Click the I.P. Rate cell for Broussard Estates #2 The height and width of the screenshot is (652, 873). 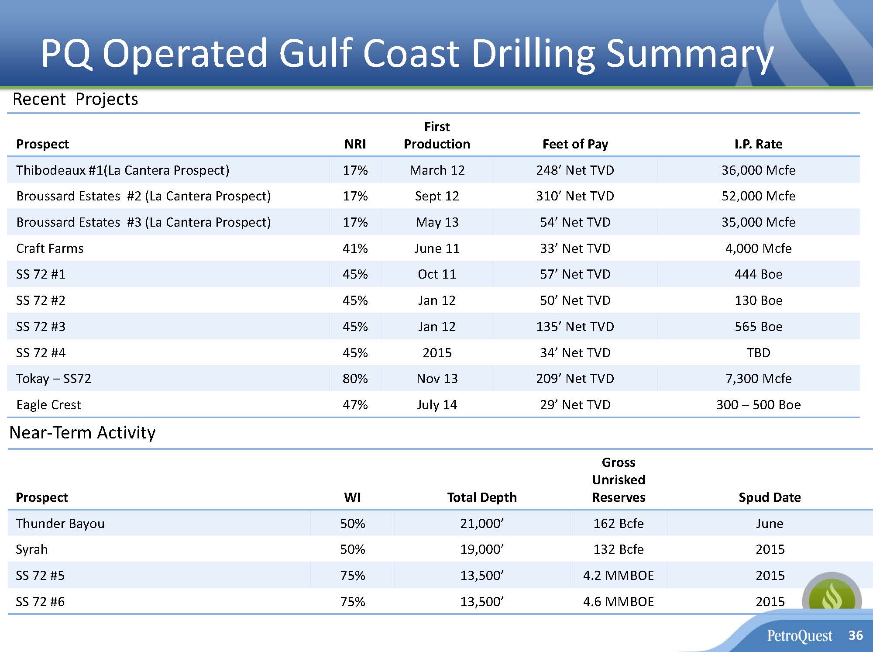point(758,196)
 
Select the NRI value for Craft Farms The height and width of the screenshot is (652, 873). point(355,248)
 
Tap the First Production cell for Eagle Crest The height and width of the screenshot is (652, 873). point(437,405)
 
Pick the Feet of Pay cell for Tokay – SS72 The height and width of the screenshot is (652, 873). point(575,379)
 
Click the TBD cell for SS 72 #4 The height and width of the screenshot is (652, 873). point(758,353)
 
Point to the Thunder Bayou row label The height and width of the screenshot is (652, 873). point(60,524)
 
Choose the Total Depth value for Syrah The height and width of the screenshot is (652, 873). point(482,549)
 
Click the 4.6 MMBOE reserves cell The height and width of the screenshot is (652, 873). point(618,602)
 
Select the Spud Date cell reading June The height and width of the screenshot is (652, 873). point(770,524)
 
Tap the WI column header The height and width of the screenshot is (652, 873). point(352,497)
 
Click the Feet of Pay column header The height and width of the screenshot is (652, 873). point(575,144)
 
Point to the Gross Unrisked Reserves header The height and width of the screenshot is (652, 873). point(618,480)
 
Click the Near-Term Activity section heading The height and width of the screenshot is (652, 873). point(82,433)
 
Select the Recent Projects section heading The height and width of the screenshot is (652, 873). point(76,100)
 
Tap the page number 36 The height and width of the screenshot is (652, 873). point(856,635)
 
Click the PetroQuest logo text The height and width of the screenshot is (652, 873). point(800,636)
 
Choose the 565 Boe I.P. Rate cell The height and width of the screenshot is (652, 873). point(758,327)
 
